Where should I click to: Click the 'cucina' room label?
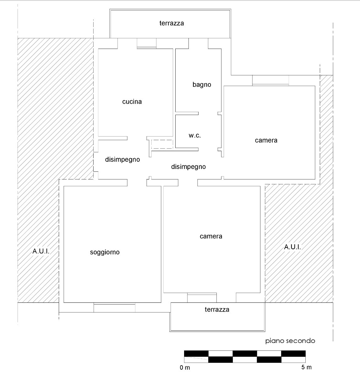[x=132, y=102]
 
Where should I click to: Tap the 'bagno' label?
[x=202, y=85]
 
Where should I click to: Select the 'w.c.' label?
[x=195, y=135]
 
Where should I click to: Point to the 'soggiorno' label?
[x=105, y=252]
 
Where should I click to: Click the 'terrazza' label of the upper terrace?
[x=172, y=23]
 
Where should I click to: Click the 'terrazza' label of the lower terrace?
[x=217, y=309]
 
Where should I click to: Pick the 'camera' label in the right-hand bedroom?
[x=266, y=140]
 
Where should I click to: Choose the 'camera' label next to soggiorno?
[x=211, y=236]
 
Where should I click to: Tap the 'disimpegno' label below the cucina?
[x=123, y=160]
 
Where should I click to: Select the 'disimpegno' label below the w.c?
[x=188, y=167]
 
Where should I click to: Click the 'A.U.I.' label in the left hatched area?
[x=41, y=251]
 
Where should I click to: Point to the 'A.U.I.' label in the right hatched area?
[x=292, y=247]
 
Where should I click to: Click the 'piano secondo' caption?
[x=290, y=340]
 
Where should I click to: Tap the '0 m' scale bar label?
[x=185, y=367]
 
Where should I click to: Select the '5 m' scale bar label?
[x=307, y=367]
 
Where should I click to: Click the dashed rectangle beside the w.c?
[x=162, y=144]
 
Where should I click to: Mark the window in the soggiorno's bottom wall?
[x=114, y=307]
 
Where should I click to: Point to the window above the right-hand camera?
[x=270, y=80]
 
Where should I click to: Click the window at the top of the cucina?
[x=147, y=43]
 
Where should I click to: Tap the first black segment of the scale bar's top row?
[x=196, y=354]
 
